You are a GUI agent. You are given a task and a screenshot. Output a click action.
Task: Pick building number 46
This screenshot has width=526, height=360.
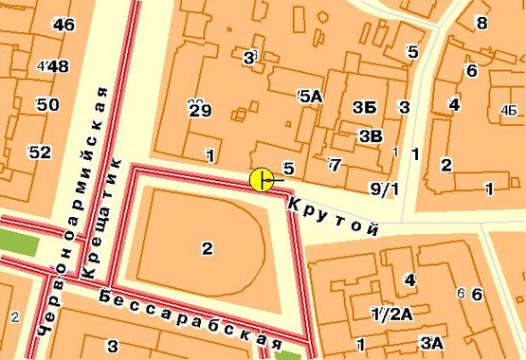[64, 26]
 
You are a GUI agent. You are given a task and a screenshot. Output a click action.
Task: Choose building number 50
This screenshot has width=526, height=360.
[47, 104]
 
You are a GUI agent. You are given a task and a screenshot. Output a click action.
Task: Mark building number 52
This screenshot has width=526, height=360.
[41, 152]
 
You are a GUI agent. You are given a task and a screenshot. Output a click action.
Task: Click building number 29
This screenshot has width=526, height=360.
[199, 111]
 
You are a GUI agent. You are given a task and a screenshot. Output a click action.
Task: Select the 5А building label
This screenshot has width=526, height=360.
[310, 96]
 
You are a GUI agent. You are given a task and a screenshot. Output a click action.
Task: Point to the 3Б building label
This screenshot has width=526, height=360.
[363, 107]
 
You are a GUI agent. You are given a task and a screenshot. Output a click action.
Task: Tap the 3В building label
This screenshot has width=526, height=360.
[371, 136]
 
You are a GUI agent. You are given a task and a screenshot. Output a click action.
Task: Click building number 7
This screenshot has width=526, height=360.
[334, 166]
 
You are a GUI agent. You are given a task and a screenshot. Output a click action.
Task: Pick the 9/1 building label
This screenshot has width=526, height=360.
[384, 189]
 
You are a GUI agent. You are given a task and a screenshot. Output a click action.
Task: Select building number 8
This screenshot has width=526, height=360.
[481, 23]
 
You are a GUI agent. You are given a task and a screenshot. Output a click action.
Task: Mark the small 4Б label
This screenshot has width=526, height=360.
[506, 109]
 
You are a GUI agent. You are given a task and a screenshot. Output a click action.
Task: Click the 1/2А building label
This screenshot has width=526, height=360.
[391, 314]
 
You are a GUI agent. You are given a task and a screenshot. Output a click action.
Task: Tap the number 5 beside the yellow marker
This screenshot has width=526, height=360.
[288, 169]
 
